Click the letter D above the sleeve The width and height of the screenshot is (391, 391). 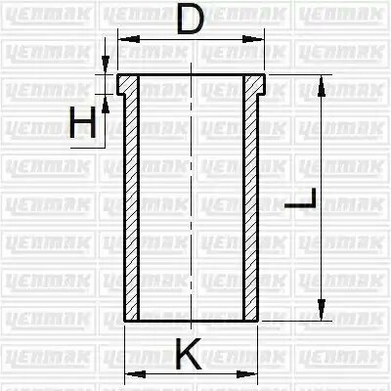pyautogui.click(x=192, y=20)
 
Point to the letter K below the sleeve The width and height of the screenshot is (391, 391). pyautogui.click(x=192, y=354)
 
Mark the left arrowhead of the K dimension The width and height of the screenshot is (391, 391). pyautogui.click(x=131, y=374)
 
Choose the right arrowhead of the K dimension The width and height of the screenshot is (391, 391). pyautogui.click(x=252, y=374)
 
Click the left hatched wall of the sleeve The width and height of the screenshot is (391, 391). pyautogui.click(x=132, y=205)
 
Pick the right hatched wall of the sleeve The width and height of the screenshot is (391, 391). pyautogui.click(x=252, y=205)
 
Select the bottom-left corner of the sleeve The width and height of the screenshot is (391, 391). pyautogui.click(x=126, y=319)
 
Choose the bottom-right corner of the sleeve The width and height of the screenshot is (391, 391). pyautogui.click(x=259, y=319)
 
